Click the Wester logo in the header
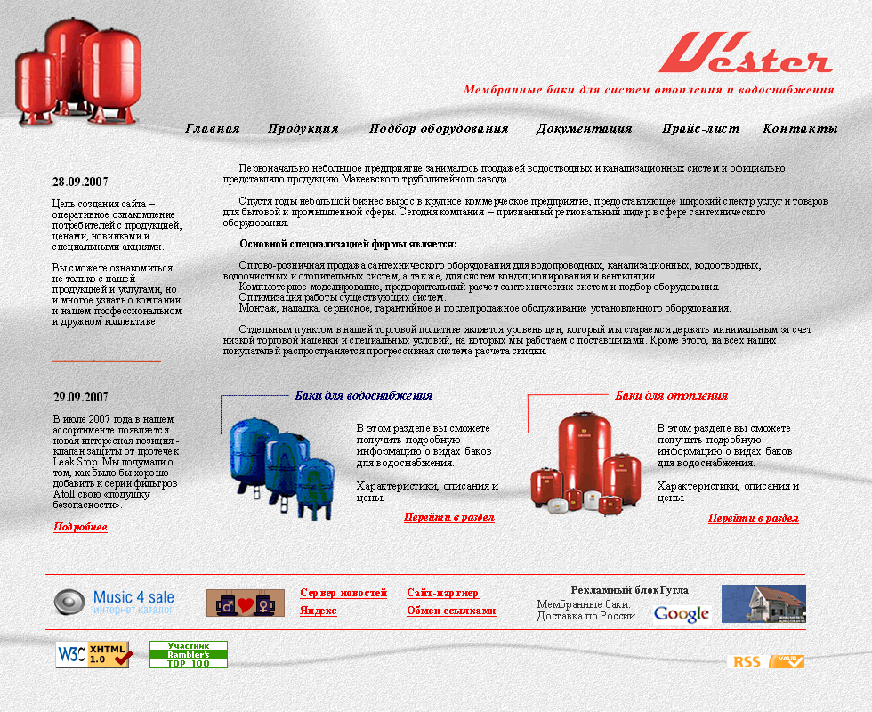click(746, 53)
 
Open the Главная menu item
click(213, 129)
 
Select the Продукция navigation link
click(303, 129)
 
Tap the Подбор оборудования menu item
click(439, 129)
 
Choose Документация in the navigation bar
click(584, 129)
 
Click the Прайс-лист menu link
click(700, 129)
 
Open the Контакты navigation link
click(800, 129)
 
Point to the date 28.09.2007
click(80, 182)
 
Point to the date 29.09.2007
click(80, 398)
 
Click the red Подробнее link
click(80, 527)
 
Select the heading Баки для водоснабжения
click(363, 396)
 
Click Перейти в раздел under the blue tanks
click(448, 517)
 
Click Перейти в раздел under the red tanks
click(753, 518)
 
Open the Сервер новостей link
click(343, 593)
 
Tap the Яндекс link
click(319, 611)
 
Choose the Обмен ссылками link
click(451, 611)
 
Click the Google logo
click(682, 613)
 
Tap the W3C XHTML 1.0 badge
click(94, 654)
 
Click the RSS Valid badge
click(766, 661)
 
